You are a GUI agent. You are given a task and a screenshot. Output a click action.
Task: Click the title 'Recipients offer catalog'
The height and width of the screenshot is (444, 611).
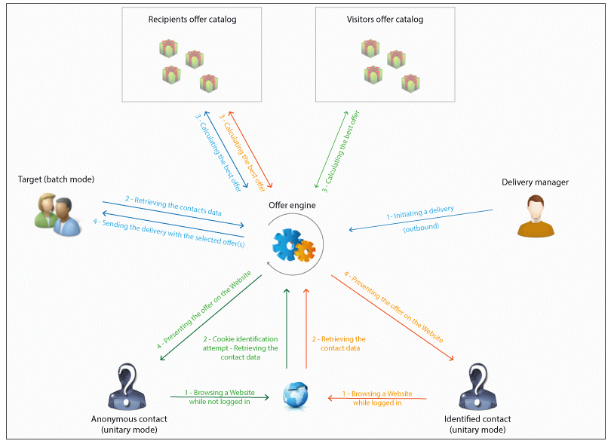coord(192,20)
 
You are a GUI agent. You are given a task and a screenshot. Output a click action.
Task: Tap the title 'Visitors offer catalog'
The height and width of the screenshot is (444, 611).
coord(385,20)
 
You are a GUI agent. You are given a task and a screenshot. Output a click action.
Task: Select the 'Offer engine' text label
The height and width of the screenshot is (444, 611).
coord(293,205)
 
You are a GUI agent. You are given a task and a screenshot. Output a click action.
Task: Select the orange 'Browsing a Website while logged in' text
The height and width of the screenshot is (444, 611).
coord(377,398)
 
